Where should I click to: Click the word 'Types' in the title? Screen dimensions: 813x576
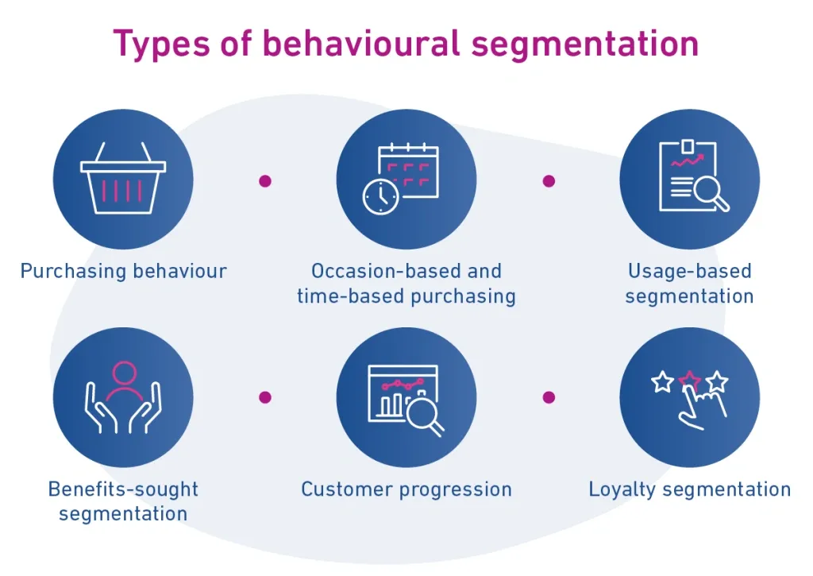(x=161, y=44)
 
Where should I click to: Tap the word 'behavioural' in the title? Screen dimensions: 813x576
(x=361, y=43)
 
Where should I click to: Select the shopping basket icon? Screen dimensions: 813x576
(x=123, y=178)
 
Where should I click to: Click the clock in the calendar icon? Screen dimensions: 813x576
(x=380, y=197)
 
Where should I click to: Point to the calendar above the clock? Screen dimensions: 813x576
(x=409, y=168)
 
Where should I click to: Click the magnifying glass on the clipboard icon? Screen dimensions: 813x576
(x=711, y=193)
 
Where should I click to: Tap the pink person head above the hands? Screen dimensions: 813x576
(x=124, y=373)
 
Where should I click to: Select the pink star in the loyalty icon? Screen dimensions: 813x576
(x=690, y=381)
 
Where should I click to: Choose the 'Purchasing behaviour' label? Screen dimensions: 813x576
(x=123, y=271)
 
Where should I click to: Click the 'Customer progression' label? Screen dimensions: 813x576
(x=406, y=489)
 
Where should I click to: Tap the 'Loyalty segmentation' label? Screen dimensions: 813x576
(x=690, y=489)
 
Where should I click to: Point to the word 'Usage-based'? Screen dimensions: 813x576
(x=690, y=271)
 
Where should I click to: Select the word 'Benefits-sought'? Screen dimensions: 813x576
(x=123, y=489)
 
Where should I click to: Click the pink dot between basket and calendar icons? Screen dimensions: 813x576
(x=265, y=181)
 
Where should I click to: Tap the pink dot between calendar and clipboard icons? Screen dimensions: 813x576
(x=549, y=181)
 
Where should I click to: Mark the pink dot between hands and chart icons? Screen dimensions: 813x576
(x=265, y=397)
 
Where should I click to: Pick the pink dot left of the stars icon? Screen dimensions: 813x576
(x=549, y=397)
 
